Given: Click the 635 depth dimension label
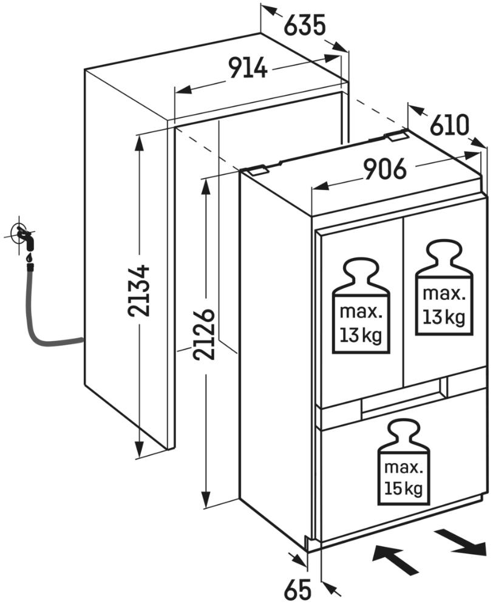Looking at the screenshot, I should point(305,25).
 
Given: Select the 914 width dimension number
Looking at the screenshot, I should point(248,68).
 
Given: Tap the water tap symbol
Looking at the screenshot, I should point(24,237).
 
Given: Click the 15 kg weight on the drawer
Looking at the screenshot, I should point(403,464).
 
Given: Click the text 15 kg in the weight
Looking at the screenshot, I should point(403,487).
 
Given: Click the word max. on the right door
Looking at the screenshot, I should point(444,294).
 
